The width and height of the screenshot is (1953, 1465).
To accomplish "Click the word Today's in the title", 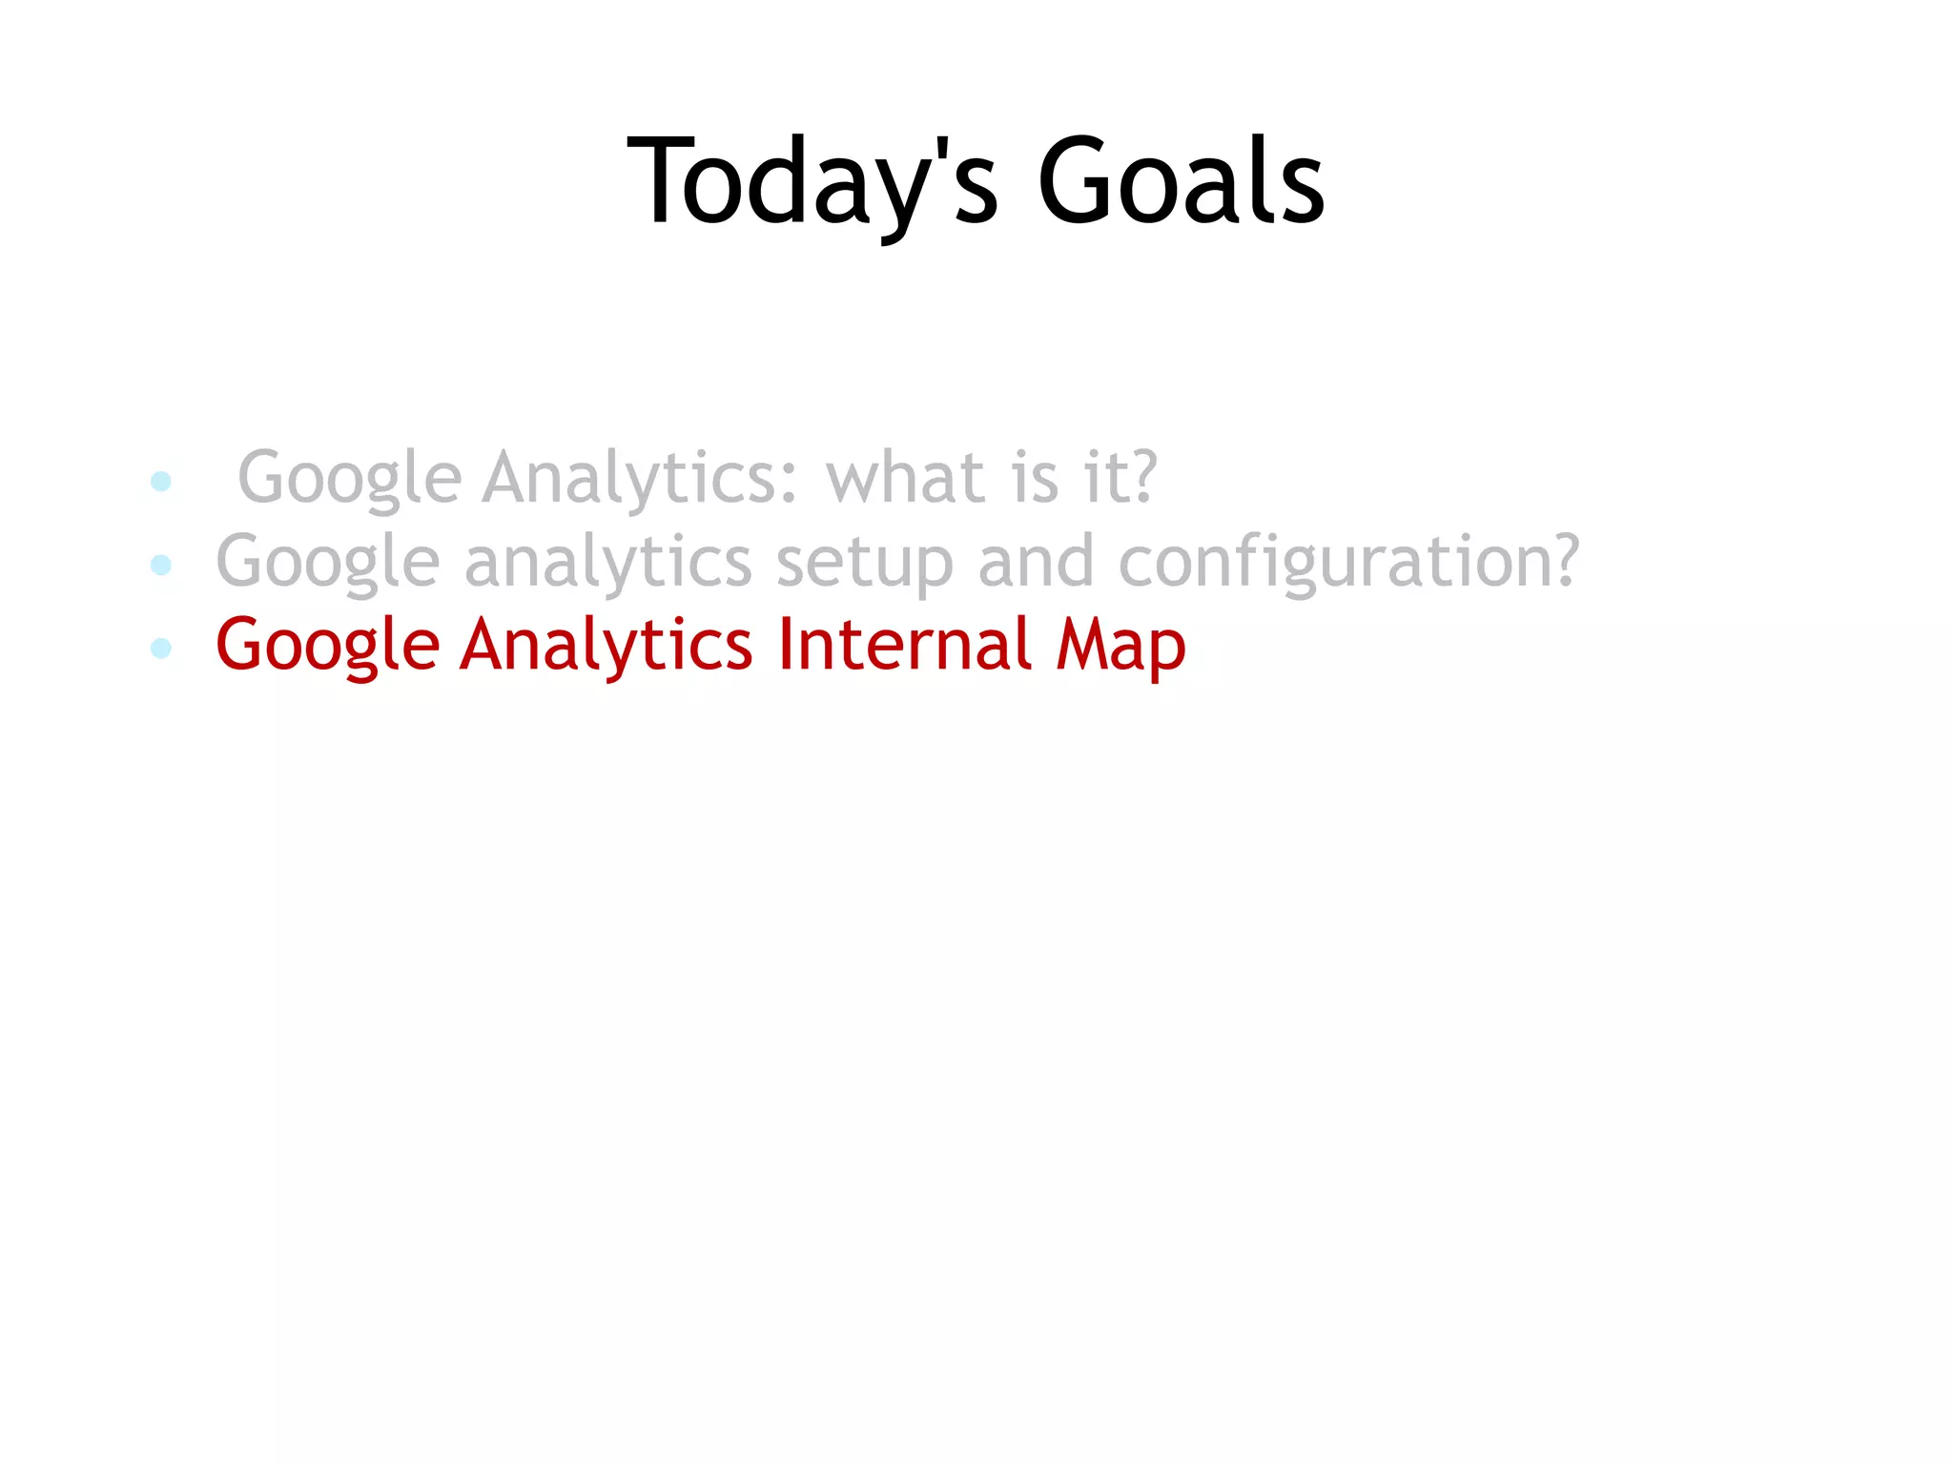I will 812,181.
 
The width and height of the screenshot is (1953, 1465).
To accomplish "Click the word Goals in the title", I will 1181,181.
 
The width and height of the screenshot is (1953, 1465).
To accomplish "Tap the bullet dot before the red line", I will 161,649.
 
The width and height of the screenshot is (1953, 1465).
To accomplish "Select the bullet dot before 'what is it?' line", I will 161,481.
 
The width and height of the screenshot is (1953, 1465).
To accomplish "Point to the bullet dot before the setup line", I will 161,565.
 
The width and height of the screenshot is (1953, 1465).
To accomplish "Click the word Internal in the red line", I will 904,644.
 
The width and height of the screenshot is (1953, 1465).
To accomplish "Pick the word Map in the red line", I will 1120,646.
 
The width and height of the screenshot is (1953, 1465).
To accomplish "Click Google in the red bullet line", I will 327,646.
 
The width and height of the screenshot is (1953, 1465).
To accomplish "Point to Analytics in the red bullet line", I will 606,646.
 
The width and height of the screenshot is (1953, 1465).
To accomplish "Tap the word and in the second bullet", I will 1036,561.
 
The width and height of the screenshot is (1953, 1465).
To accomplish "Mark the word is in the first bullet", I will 1035,477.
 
